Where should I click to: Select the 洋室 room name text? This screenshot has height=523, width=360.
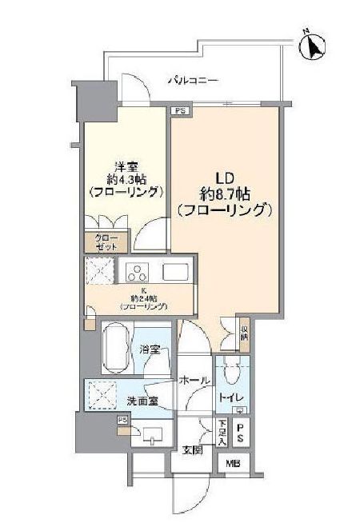[x=124, y=166]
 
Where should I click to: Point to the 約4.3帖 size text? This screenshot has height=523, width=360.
[x=126, y=179]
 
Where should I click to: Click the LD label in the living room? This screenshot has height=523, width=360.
[x=225, y=176]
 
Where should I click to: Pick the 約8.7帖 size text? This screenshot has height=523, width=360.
[x=225, y=193]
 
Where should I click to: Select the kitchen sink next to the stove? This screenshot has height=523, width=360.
[x=174, y=272]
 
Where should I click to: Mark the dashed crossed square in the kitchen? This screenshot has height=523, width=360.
[x=101, y=272]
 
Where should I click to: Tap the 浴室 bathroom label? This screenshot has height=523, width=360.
[x=149, y=349]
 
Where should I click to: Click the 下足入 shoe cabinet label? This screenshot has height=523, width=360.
[x=221, y=433]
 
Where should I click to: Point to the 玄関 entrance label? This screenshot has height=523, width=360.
[x=191, y=449]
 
